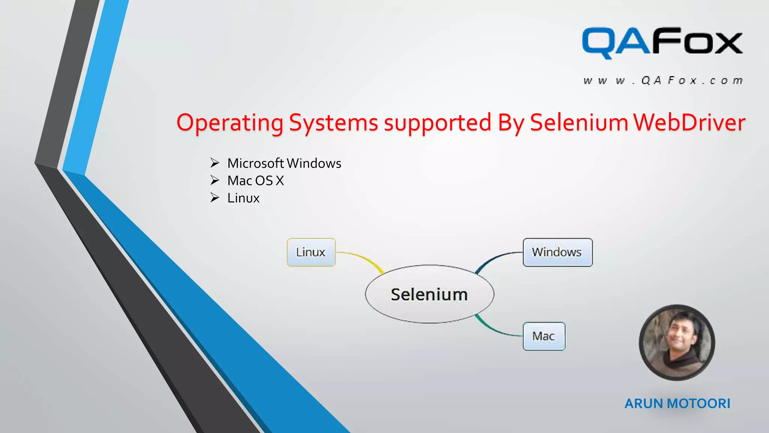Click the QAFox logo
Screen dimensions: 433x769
click(x=662, y=42)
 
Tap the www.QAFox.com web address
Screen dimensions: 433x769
click(x=663, y=80)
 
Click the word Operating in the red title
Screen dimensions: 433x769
click(x=230, y=123)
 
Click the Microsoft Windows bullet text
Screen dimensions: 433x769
click(x=284, y=163)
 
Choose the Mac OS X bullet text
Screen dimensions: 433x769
click(x=255, y=181)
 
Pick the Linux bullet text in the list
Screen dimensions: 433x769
click(x=243, y=198)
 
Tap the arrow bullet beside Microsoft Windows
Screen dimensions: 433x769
click(x=214, y=163)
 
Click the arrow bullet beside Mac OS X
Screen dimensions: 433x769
click(x=214, y=180)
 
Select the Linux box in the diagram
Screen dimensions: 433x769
click(x=311, y=252)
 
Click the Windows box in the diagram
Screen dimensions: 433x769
click(x=557, y=252)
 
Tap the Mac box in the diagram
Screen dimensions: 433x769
click(x=544, y=336)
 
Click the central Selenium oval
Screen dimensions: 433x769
click(x=429, y=294)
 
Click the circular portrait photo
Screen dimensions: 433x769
click(x=677, y=342)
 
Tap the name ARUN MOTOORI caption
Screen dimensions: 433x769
click(x=677, y=403)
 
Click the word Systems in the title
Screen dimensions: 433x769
click(x=333, y=123)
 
